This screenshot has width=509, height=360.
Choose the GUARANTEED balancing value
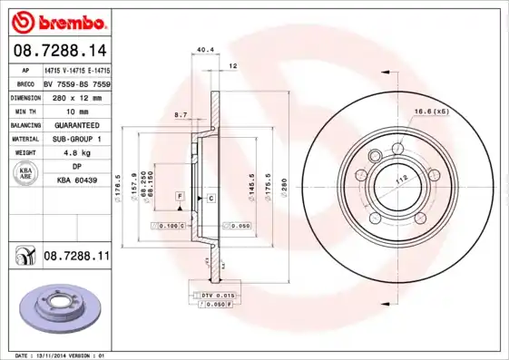tap(76, 124)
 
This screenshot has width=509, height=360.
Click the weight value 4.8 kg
tap(76, 152)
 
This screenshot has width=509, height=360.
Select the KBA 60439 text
tap(76, 180)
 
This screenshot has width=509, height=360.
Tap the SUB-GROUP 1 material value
tap(76, 139)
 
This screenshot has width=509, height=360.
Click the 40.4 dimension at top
tap(204, 51)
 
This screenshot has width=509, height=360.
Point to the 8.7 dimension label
tap(181, 114)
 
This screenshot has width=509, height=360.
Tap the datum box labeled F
tap(181, 196)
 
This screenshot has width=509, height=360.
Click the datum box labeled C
tap(210, 197)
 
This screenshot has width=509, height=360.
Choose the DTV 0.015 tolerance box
tap(217, 296)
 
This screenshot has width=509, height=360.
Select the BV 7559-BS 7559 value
tap(76, 82)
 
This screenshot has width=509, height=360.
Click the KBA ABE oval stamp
tap(24, 173)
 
